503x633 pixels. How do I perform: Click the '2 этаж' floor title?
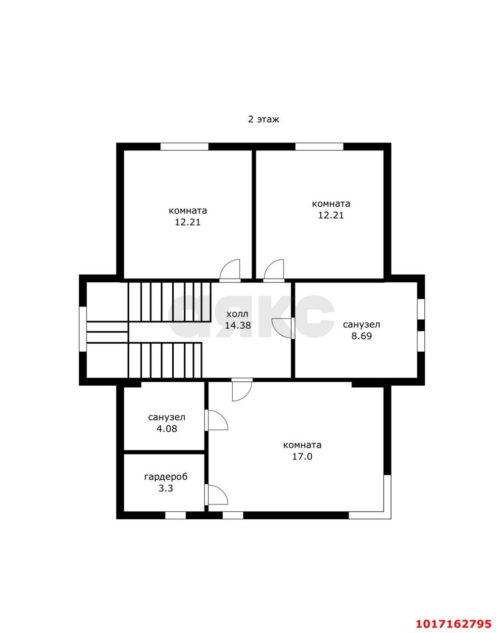coord(263,120)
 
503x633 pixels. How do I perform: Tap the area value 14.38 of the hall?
coord(238,325)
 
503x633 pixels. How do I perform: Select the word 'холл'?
coord(237,314)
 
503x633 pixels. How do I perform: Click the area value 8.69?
coord(361,336)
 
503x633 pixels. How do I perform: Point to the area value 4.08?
coord(167,429)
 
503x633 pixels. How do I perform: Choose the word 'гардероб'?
coord(166,477)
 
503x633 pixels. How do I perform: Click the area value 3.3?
coord(166,488)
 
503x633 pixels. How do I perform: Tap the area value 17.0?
coord(302,456)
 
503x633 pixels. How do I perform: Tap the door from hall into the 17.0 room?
coord(242,390)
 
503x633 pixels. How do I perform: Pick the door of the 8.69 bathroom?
coord(283,328)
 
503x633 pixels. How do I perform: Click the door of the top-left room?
coord(230,271)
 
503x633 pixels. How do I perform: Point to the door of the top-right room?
coord(274,271)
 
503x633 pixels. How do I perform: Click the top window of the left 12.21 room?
coord(184,146)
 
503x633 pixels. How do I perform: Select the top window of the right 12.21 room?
coord(319,146)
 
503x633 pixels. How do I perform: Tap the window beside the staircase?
coord(83,329)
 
